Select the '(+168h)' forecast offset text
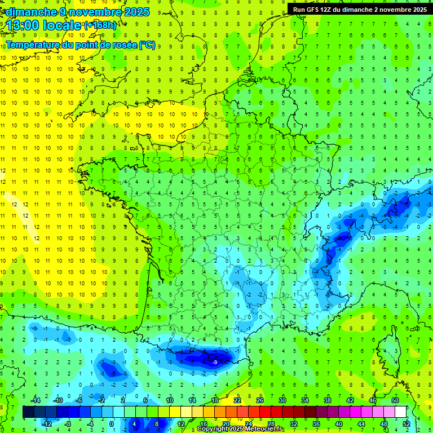pyautogui.click(x=100, y=25)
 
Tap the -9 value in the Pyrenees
pyautogui.click(x=215, y=361)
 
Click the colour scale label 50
pyautogui.click(x=395, y=400)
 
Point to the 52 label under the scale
pyautogui.click(x=406, y=423)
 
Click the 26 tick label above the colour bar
pyautogui.click(x=260, y=400)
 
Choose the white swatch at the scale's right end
pyautogui.click(x=401, y=412)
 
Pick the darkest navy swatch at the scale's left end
pyautogui.click(x=29, y=412)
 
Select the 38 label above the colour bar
pyautogui.click(x=328, y=400)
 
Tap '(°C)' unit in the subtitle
pyautogui.click(x=147, y=45)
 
